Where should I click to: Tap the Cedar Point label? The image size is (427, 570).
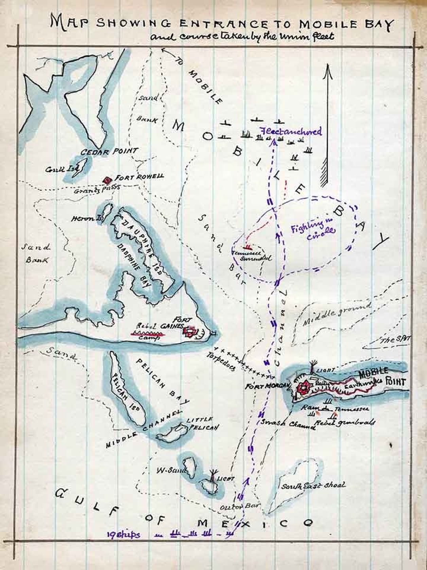pyautogui.click(x=109, y=151)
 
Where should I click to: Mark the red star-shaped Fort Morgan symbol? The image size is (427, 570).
pyautogui.click(x=304, y=388)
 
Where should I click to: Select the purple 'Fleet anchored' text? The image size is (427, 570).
pyautogui.click(x=291, y=131)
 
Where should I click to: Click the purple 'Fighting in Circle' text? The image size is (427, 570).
pyautogui.click(x=313, y=229)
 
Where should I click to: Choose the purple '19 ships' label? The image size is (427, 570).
pyautogui.click(x=123, y=535)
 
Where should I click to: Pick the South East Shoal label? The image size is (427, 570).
pyautogui.click(x=313, y=485)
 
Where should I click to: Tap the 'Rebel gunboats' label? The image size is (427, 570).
pyautogui.click(x=345, y=423)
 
